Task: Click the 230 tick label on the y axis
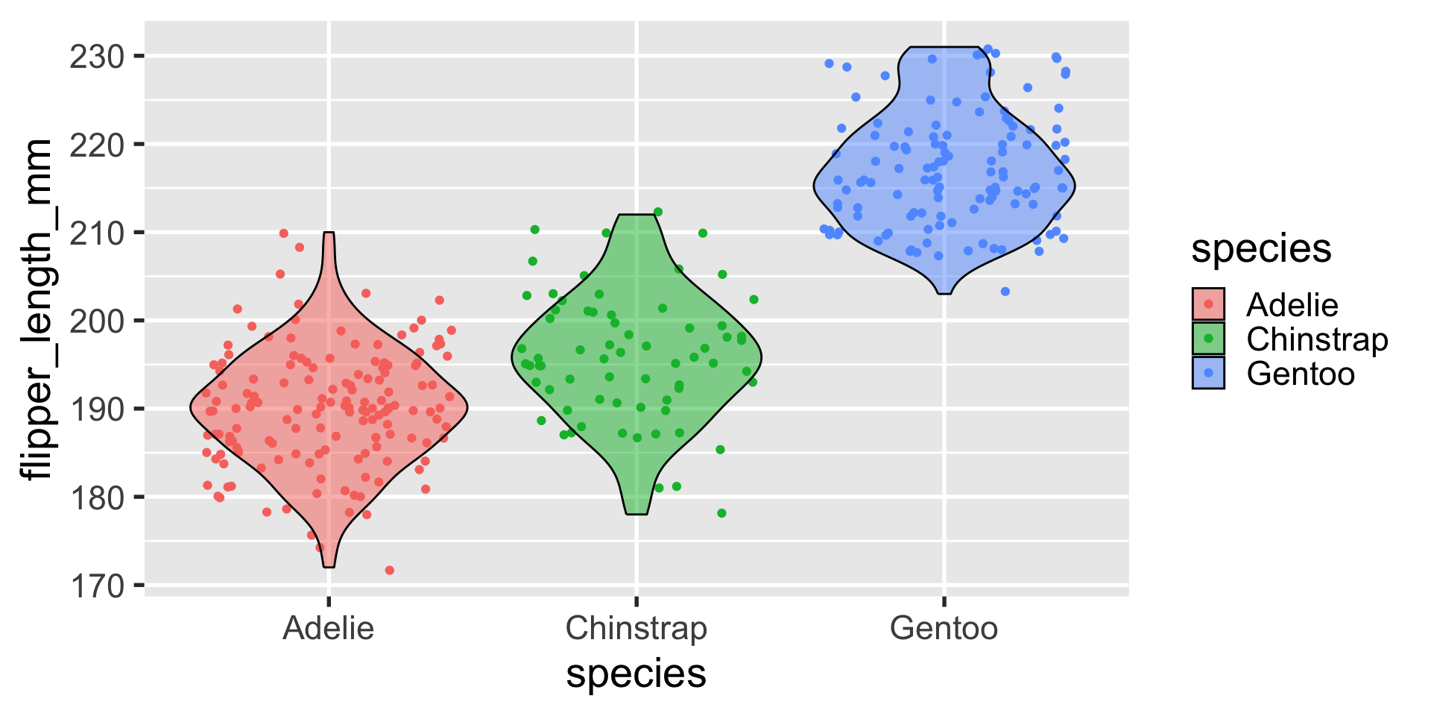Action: (x=96, y=57)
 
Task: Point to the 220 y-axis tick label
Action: (x=96, y=145)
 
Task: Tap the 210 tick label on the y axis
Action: (x=96, y=233)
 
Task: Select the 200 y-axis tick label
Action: (x=96, y=321)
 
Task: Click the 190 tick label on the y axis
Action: (x=96, y=409)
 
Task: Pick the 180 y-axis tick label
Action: (x=96, y=497)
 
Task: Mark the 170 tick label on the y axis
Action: (x=96, y=586)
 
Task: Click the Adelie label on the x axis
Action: (x=328, y=628)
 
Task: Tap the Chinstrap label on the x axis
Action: (x=636, y=628)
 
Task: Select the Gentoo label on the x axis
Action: (x=944, y=628)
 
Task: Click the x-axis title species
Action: (x=636, y=673)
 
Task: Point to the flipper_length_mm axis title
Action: (x=36, y=309)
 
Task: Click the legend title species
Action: (x=1261, y=248)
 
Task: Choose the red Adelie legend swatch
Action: (x=1208, y=304)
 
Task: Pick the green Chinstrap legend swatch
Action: (x=1208, y=339)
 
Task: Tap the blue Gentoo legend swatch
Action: (x=1208, y=373)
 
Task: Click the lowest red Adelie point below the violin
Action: (x=389, y=571)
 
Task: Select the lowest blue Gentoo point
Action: (x=1005, y=292)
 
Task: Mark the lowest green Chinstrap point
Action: (x=721, y=513)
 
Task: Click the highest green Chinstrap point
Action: (x=657, y=212)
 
